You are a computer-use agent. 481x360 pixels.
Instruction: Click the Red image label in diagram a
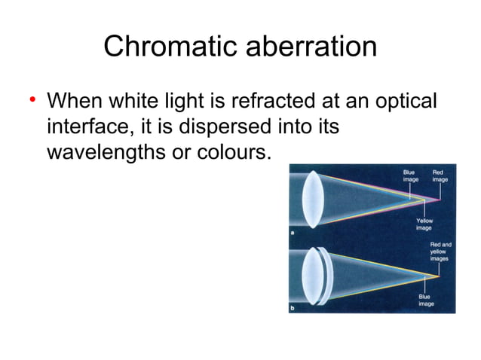[x=440, y=175]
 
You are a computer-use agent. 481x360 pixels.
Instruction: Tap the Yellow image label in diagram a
[x=424, y=223]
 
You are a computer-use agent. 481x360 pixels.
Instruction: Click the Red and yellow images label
[x=440, y=251]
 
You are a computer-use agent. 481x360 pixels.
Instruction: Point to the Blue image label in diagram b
[x=426, y=300]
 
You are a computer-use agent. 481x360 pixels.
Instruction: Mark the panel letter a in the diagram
[x=293, y=234]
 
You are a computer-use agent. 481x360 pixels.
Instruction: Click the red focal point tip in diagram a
[x=440, y=200]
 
